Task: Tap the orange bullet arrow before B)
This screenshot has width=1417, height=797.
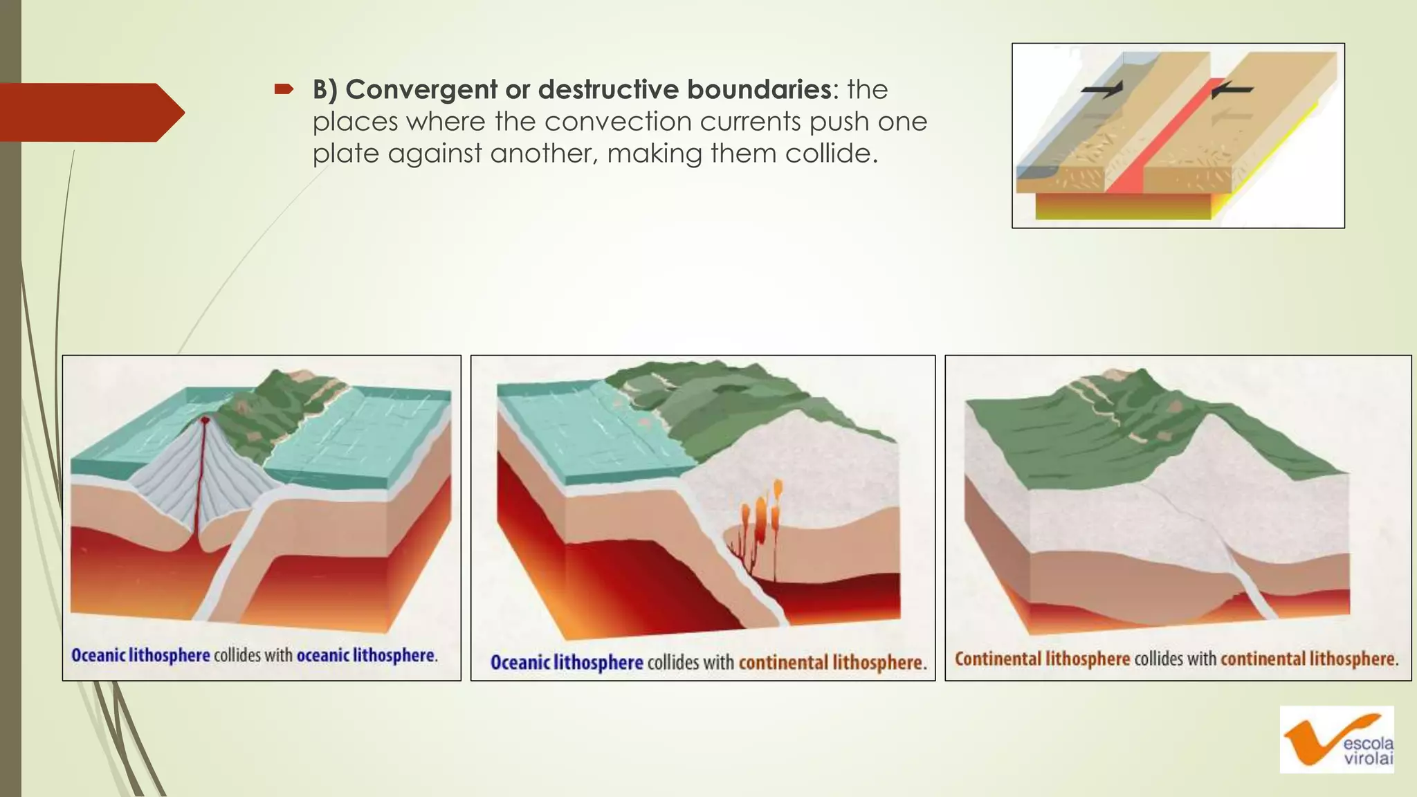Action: tap(284, 89)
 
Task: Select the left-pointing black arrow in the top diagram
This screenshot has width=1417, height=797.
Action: tap(1232, 90)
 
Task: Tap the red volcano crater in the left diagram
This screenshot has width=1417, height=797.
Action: tap(205, 420)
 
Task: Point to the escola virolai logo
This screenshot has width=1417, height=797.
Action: tap(1336, 740)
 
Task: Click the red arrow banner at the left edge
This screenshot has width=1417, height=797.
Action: tap(90, 112)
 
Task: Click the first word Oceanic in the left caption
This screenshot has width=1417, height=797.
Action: tap(98, 655)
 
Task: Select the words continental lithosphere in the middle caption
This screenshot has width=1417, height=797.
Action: tap(831, 663)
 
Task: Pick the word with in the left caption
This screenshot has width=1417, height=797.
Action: tap(279, 655)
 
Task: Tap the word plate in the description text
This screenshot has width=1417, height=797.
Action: tap(347, 154)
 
